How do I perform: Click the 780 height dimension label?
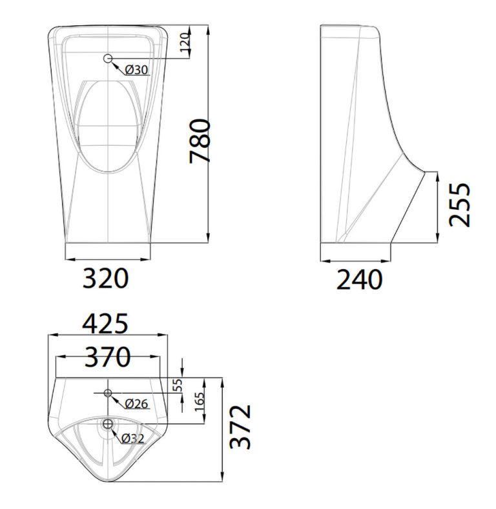(200, 141)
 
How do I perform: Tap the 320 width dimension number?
(106, 279)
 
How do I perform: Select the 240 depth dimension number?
(359, 280)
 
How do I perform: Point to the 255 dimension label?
(460, 205)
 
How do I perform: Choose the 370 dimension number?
(107, 356)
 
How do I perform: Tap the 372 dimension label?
(240, 427)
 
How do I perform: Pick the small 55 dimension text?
(179, 385)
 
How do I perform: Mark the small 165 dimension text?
(198, 404)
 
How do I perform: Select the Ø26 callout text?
(136, 404)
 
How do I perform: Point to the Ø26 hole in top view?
(107, 392)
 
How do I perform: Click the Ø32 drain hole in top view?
(107, 424)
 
